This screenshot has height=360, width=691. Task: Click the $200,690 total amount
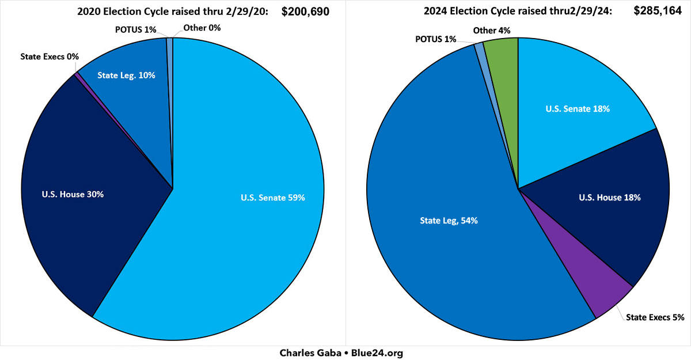pyautogui.click(x=305, y=11)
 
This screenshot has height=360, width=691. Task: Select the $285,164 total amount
pyautogui.click(x=651, y=11)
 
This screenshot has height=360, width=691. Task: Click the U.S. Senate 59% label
pyautogui.click(x=272, y=198)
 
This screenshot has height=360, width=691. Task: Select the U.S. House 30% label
pyautogui.click(x=73, y=194)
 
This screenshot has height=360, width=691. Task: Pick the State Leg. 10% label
pyautogui.click(x=126, y=75)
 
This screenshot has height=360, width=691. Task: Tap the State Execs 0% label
pyautogui.click(x=49, y=56)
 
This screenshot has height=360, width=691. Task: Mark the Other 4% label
pyautogui.click(x=492, y=30)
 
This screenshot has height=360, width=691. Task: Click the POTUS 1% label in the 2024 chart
pyautogui.click(x=435, y=39)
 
